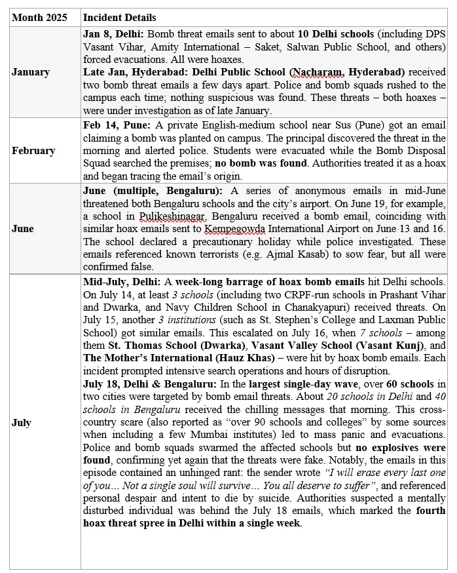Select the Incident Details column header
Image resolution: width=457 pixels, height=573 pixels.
click(x=119, y=18)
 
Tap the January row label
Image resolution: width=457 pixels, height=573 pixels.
click(x=30, y=72)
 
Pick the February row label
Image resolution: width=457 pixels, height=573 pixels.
click(x=33, y=151)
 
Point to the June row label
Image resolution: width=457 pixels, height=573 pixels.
click(x=22, y=229)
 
